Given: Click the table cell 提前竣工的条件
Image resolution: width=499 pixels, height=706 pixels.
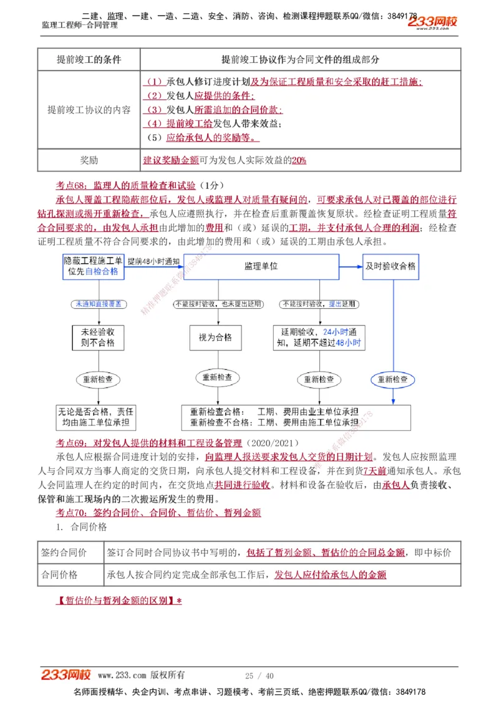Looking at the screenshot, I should point(89,59).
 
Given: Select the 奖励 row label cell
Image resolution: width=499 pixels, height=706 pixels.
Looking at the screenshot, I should point(89,160).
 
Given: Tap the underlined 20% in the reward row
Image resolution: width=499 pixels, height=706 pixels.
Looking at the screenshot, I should point(299,160).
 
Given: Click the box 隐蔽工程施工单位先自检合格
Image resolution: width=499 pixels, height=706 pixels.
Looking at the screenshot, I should point(93,266).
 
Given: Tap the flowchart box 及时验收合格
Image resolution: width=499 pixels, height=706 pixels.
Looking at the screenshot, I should point(390,266).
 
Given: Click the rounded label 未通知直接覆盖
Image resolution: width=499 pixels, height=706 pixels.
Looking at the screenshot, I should point(98,304).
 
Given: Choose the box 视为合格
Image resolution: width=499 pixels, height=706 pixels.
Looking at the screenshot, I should point(215,337).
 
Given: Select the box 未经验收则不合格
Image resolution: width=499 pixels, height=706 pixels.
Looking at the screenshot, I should point(98,337).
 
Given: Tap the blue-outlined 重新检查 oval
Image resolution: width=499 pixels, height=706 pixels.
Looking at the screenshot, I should point(393,379).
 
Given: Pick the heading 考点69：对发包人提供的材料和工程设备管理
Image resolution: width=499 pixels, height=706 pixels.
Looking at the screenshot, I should point(148,443).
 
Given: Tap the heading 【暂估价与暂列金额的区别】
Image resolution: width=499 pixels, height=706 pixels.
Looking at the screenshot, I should point(119,601).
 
